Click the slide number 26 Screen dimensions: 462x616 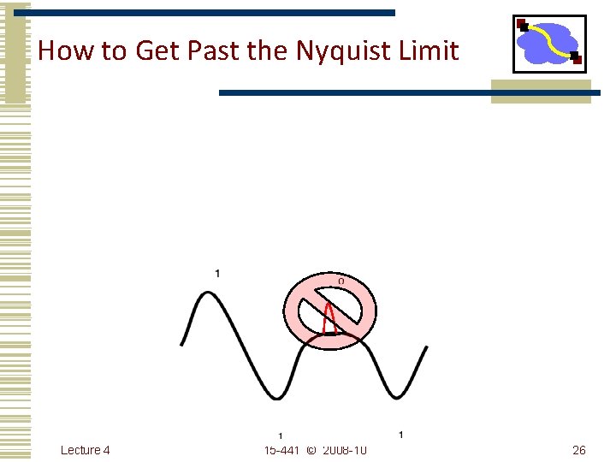[x=578, y=450]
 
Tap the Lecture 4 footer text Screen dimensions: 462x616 [x=86, y=450]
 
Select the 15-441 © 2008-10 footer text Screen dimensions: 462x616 [x=316, y=450]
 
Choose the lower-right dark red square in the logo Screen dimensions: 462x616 [x=577, y=58]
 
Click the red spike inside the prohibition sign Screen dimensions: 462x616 [x=330, y=317]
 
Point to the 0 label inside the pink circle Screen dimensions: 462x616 [x=341, y=280]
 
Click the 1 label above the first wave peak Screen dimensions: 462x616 [x=217, y=273]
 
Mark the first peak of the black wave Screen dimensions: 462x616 [x=207, y=293]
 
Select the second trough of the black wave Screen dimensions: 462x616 [x=394, y=396]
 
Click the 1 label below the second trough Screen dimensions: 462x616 [x=401, y=435]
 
